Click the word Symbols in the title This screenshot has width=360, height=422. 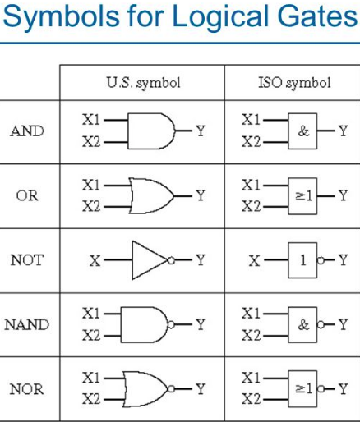pos(61,17)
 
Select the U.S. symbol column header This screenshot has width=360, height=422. pos(143,83)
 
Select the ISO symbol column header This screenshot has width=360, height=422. pos(294,83)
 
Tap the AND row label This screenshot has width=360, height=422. pos(27,131)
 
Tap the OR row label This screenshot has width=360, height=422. pos(27,195)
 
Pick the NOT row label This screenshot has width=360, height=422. pos(27,260)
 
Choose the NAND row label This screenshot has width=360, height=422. pos(27,324)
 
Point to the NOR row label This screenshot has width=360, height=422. pos(26,389)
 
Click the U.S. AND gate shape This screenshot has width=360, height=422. pos(151,131)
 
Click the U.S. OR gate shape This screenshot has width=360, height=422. pos(151,196)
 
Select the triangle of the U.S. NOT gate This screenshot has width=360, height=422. pos(150,260)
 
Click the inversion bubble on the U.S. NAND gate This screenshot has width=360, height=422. pos(171,325)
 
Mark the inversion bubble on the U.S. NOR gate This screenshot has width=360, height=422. pos(171,389)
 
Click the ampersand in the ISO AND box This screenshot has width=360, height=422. pos(303,131)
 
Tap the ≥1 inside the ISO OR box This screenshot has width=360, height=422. pos(303,195)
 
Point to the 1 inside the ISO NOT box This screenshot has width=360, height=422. pos(303,260)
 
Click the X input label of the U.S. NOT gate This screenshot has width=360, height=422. pos(95,260)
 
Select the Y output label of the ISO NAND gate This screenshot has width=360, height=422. pos(343,324)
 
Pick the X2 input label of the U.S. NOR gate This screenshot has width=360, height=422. pos(91,399)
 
